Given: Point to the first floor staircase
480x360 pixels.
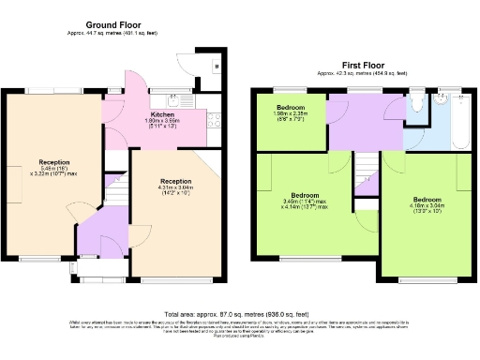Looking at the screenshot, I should click(366, 174).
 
